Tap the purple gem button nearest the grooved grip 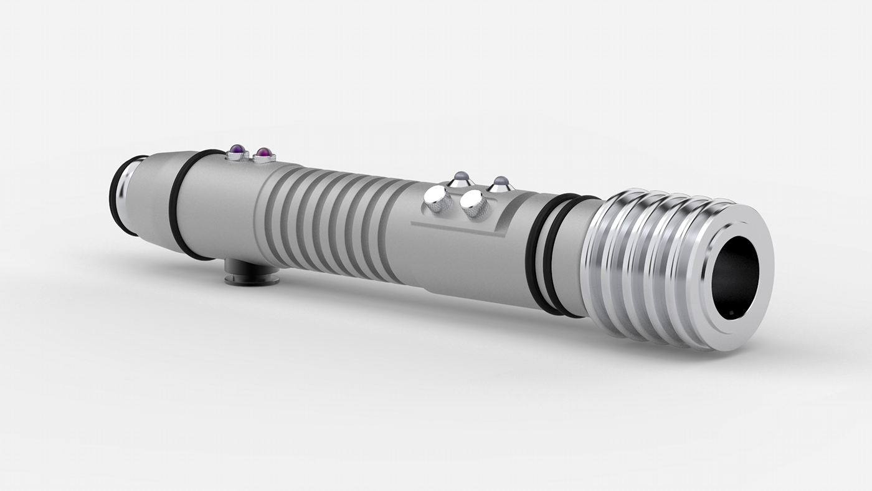click(x=264, y=153)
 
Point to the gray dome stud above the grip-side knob click(x=461, y=179)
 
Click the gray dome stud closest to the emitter click(x=500, y=183)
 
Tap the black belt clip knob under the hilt click(x=252, y=272)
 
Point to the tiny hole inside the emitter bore click(x=730, y=310)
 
